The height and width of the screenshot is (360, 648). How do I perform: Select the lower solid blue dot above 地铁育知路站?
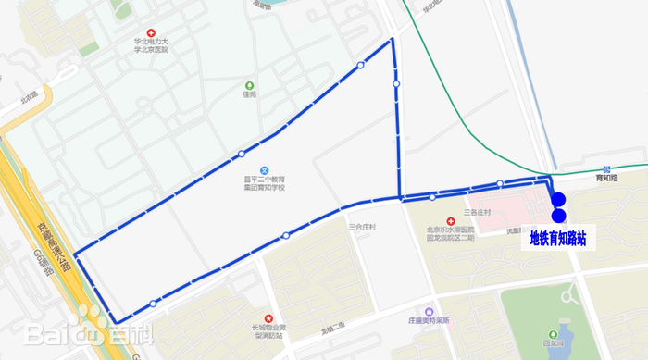point(558,216)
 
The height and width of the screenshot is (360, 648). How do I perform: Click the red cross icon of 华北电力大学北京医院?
point(152,32)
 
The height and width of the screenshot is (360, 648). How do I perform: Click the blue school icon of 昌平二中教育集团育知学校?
point(265,170)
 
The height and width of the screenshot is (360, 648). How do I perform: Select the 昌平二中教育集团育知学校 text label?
point(265,183)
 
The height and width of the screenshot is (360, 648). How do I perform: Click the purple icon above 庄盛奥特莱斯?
point(427,312)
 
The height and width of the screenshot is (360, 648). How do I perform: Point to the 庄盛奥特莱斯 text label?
point(427,322)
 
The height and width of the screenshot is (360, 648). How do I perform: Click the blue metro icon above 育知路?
point(607,169)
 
